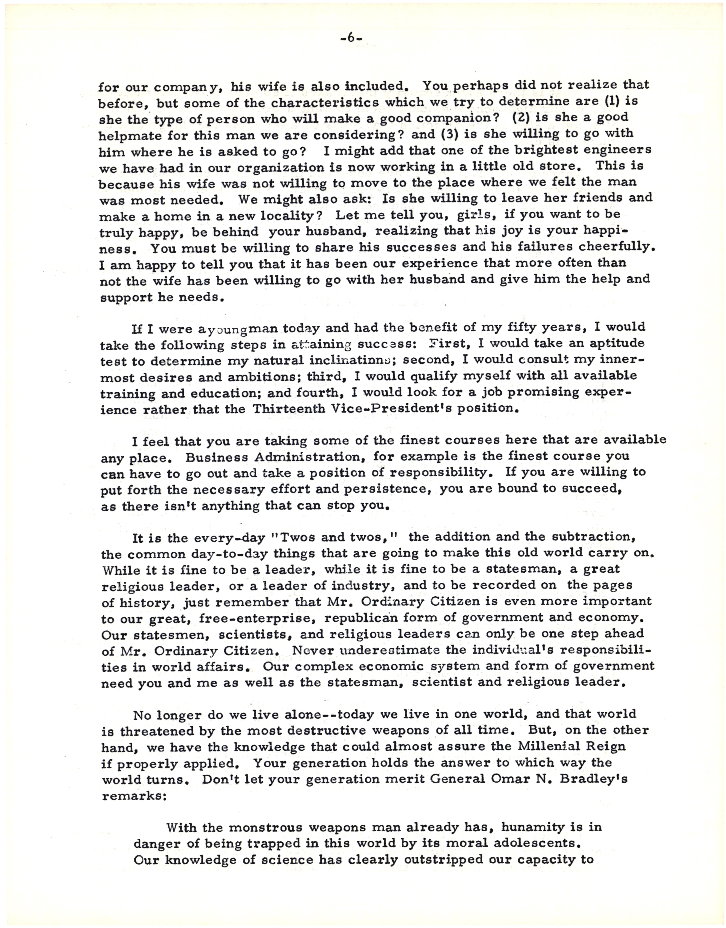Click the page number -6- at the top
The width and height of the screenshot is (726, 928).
click(x=351, y=38)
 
